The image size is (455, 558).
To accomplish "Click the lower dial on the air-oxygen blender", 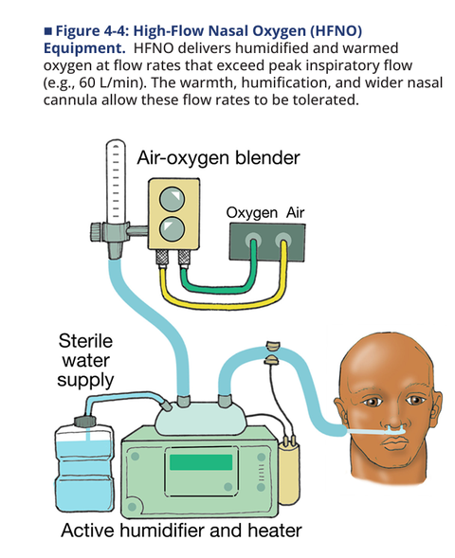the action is (x=172, y=228).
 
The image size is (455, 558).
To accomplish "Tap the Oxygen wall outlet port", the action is (x=253, y=240).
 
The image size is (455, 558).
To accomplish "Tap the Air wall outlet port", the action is (x=283, y=240).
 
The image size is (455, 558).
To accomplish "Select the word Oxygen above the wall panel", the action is (x=252, y=213).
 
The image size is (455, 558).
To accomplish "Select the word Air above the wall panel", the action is (x=295, y=213).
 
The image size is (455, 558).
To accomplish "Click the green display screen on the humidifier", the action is (x=201, y=462).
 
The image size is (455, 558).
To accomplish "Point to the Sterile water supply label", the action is (x=85, y=361).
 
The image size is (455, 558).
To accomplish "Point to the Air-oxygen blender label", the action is (x=218, y=157).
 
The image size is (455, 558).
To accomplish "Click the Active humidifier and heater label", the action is (x=181, y=531).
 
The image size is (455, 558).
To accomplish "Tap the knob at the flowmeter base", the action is (x=96, y=232).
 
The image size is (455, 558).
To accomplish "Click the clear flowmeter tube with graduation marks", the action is (x=116, y=181).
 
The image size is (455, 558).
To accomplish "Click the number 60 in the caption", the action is (x=86, y=82).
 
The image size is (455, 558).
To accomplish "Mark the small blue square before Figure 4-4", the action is (x=47, y=31).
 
